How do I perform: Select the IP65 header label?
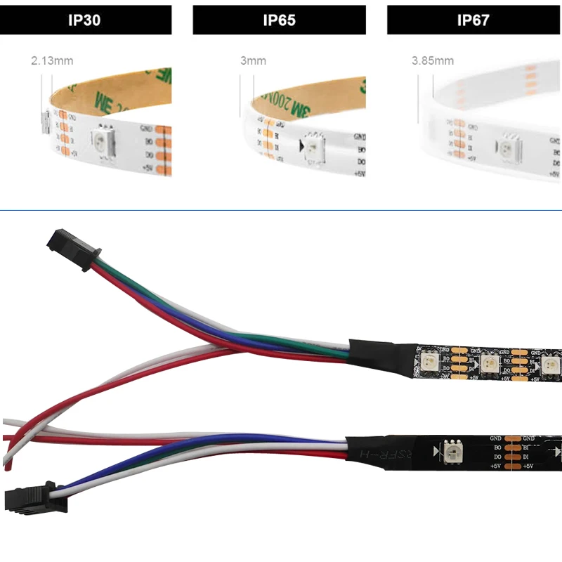pos(279,20)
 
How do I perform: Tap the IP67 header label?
pos(473,20)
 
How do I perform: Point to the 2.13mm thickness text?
pos(52,61)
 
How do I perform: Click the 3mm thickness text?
pos(253,61)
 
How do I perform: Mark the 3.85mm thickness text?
pos(432,61)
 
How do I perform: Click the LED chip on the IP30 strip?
pos(104,143)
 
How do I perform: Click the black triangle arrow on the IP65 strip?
pos(300,146)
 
